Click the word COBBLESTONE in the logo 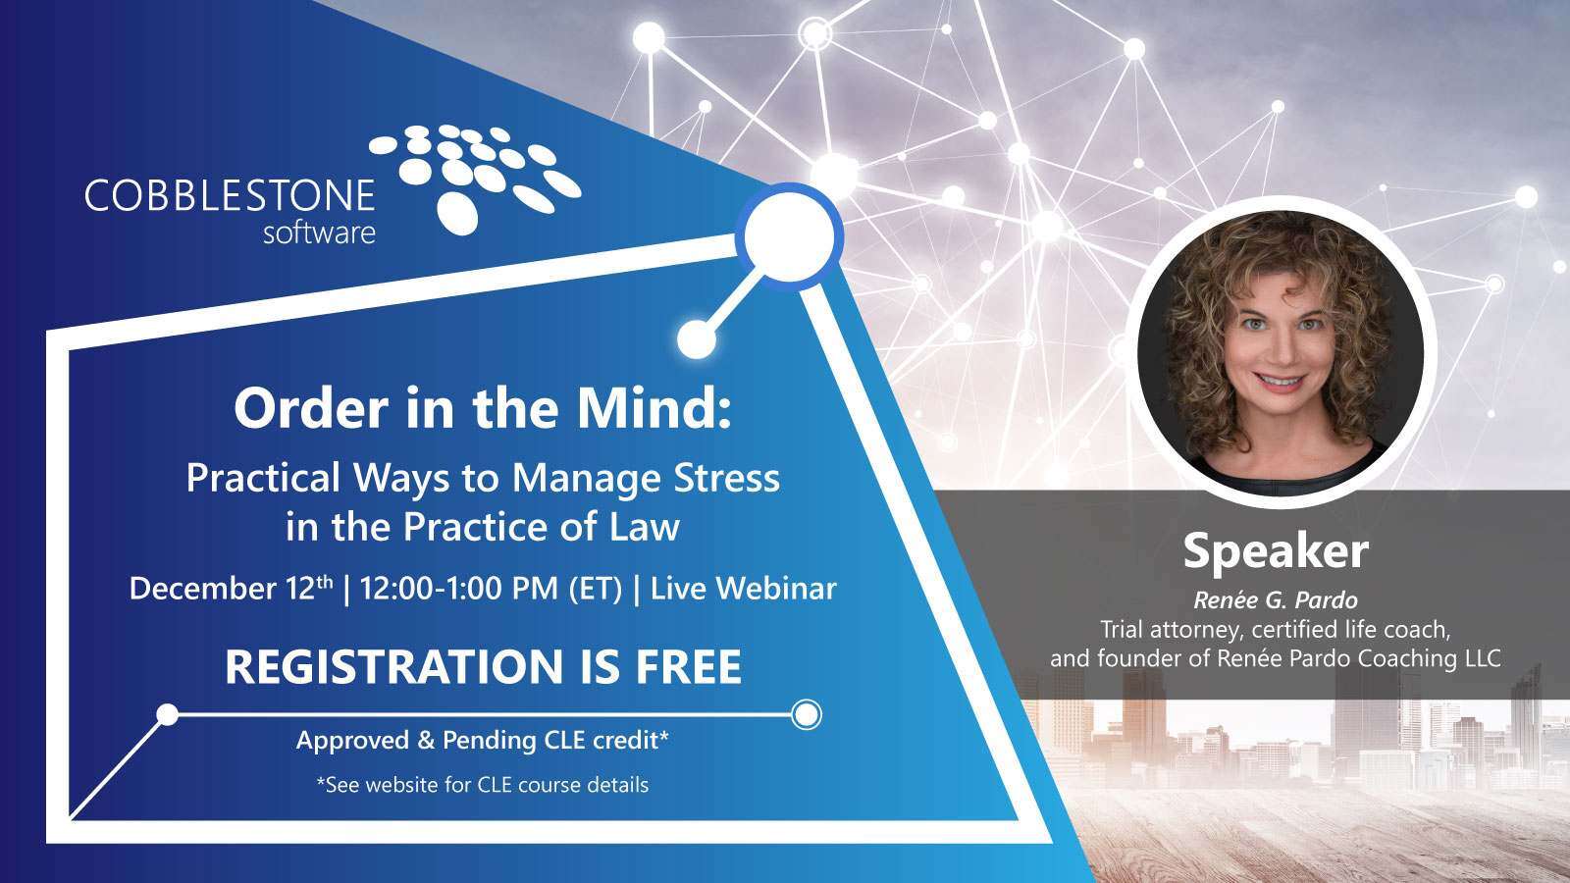click(x=230, y=195)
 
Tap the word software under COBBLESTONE click(x=319, y=234)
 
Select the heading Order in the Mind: click(x=483, y=409)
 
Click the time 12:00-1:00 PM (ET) click(x=492, y=589)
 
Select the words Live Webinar click(x=744, y=589)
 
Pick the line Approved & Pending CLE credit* click(x=483, y=741)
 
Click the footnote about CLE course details click(x=483, y=785)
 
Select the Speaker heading click(x=1275, y=551)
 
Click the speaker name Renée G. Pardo click(x=1275, y=598)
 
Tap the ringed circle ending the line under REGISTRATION click(x=806, y=714)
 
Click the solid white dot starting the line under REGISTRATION click(x=168, y=714)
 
